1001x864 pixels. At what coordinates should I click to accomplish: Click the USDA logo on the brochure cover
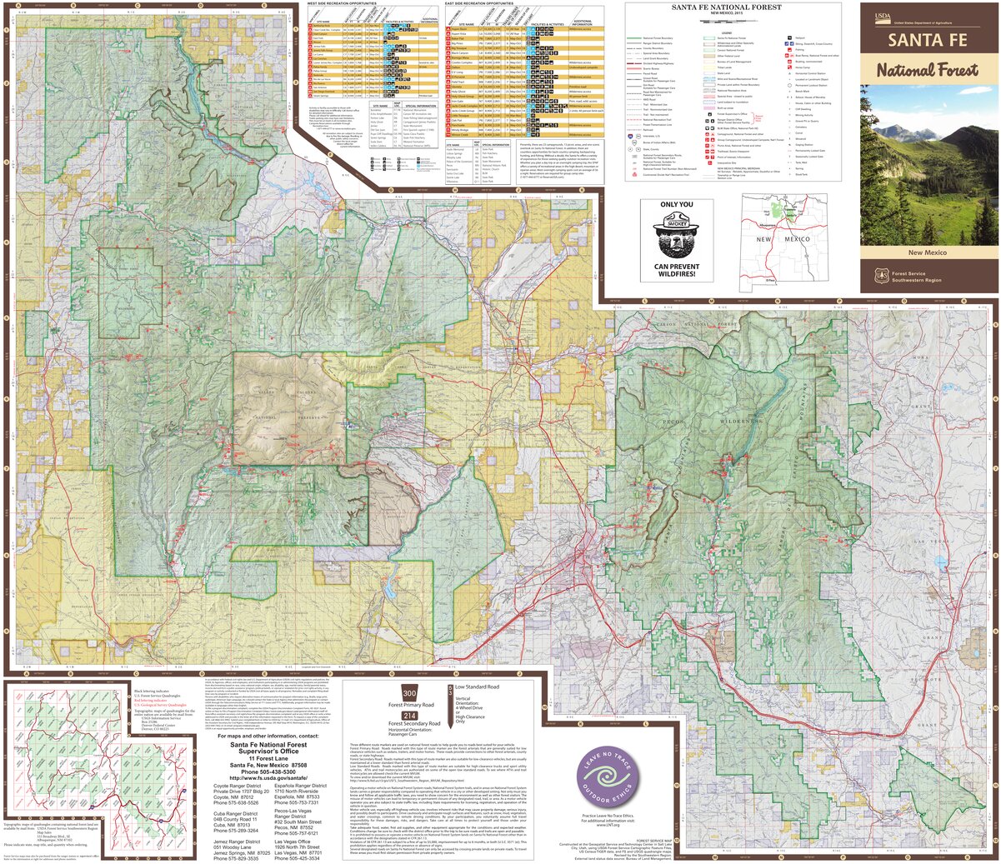pyautogui.click(x=882, y=16)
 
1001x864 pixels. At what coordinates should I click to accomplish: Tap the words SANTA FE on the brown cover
pyautogui.click(x=928, y=39)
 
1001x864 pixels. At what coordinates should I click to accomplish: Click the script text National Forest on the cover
pyautogui.click(x=927, y=70)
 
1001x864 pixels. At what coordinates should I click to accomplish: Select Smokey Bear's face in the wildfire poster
pyautogui.click(x=676, y=233)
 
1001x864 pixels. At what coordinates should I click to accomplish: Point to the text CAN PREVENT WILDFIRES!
pyautogui.click(x=676, y=270)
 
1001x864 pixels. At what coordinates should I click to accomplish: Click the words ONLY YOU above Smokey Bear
pyautogui.click(x=676, y=204)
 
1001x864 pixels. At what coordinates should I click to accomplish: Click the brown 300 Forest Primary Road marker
pyautogui.click(x=409, y=694)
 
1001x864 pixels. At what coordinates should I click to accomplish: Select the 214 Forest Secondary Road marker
pyautogui.click(x=409, y=716)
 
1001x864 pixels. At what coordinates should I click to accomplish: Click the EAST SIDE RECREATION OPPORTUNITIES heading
pyautogui.click(x=479, y=3)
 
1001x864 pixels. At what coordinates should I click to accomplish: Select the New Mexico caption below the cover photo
pyautogui.click(x=927, y=252)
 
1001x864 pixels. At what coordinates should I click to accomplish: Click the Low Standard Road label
pyautogui.click(x=477, y=687)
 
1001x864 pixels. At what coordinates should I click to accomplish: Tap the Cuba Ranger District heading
pyautogui.click(x=236, y=814)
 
